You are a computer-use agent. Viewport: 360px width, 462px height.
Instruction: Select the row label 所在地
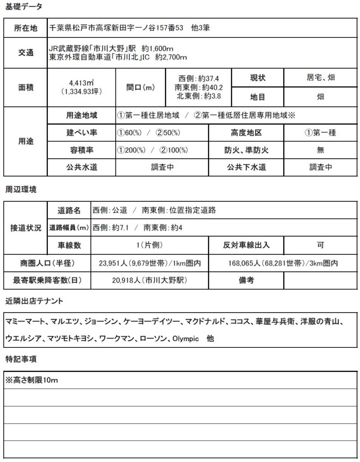[x=25, y=28]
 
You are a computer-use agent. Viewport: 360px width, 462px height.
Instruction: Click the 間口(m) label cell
[x=141, y=87]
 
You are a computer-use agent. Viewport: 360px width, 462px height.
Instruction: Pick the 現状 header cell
[x=258, y=78]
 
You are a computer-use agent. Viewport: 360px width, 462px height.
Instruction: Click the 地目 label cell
[x=258, y=96]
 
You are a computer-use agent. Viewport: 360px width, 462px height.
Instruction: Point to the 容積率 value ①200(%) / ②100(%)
[x=152, y=150]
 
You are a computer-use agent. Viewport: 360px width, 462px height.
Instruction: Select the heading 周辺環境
[x=21, y=189]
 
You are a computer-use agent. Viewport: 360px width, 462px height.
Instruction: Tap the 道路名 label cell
[x=69, y=210]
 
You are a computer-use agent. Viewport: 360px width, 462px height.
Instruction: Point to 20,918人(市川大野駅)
[x=149, y=280]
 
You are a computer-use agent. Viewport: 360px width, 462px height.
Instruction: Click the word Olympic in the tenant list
[x=185, y=338]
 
